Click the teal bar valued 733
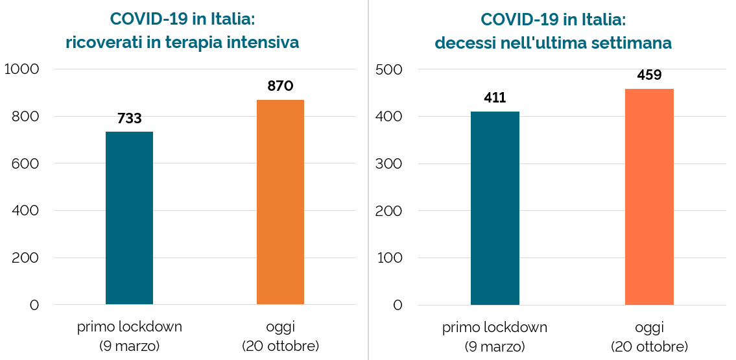[x=129, y=218]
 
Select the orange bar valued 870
[x=280, y=202]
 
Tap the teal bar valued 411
[x=495, y=208]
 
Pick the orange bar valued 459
[x=649, y=197]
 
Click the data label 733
[x=129, y=119]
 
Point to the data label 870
[x=280, y=86]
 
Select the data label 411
[x=495, y=99]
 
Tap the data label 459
[x=649, y=75]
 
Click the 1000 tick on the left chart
[x=22, y=69]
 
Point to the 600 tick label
[x=26, y=163]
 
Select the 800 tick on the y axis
[x=26, y=117]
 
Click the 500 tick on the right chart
[x=389, y=69]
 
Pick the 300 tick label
[x=389, y=163]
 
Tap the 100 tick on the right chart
[x=390, y=258]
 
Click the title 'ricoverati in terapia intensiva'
[x=182, y=43]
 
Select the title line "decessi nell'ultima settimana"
[x=552, y=43]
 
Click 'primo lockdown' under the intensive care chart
[x=130, y=327]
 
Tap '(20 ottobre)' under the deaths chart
[x=649, y=346]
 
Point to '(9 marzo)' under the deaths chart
[x=495, y=346]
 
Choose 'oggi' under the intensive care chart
[x=280, y=327]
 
